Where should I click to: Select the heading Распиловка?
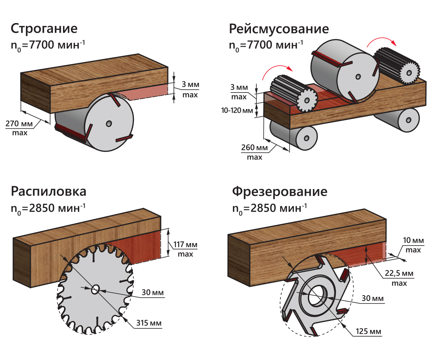tap(48, 191)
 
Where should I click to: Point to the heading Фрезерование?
tap(279, 191)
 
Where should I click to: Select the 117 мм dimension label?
tap(186, 245)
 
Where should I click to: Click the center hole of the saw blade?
tap(96, 289)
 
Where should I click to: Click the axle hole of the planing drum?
tap(108, 123)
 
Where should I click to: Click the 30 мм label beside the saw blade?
tap(152, 293)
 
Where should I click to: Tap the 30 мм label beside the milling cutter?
tap(372, 298)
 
